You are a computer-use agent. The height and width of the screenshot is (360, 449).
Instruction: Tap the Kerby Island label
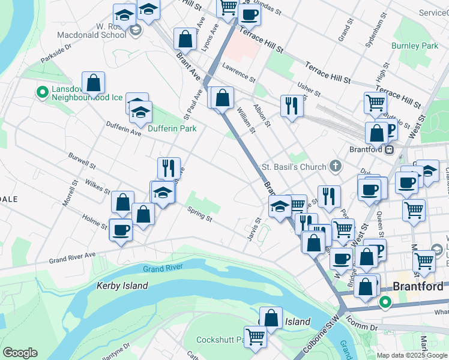[x=122, y=286]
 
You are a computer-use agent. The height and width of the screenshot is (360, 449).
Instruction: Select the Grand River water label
[x=162, y=269]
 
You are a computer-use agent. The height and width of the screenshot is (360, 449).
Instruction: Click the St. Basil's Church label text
[x=294, y=167]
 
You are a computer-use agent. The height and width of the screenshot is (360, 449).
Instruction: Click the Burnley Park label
[x=415, y=46]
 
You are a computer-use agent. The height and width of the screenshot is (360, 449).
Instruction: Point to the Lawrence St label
[x=239, y=73]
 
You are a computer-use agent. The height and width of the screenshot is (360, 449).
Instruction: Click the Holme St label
[x=94, y=221]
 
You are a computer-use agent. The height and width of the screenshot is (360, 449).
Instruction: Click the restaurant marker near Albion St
[x=292, y=106]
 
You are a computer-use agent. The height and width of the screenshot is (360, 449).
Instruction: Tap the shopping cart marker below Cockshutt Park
[x=256, y=337]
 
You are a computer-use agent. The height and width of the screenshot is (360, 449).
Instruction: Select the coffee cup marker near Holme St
[x=121, y=229]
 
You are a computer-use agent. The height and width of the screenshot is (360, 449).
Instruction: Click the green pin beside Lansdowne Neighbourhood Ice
[x=42, y=92]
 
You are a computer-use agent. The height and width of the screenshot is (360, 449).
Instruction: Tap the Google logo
[x=20, y=353]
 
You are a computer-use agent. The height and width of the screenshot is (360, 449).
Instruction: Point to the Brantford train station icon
[x=390, y=149]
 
